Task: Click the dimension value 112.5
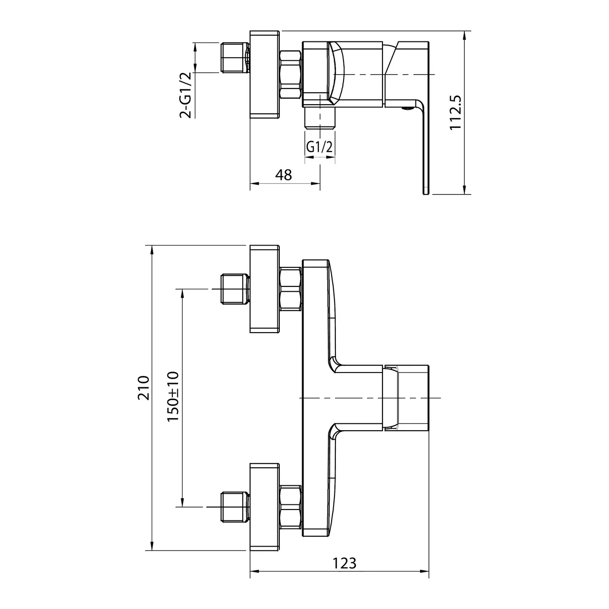[456, 112]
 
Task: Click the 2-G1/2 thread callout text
[186, 95]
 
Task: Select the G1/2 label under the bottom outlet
[320, 147]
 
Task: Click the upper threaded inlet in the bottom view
[235, 289]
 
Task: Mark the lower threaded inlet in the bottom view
[235, 506]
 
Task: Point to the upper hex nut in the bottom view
[291, 289]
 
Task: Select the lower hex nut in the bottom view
[291, 506]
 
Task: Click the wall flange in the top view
[264, 75]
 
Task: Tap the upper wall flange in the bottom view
[264, 289]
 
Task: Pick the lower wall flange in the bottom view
[264, 506]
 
